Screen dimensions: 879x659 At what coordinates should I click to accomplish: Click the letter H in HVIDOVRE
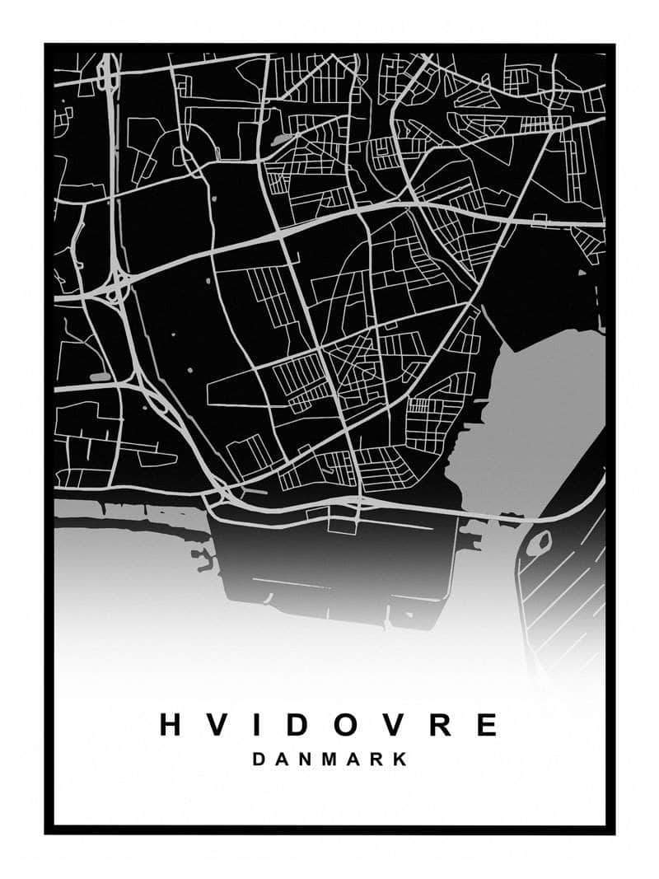pyautogui.click(x=171, y=724)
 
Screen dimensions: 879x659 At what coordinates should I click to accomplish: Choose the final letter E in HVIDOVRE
pyautogui.click(x=486, y=724)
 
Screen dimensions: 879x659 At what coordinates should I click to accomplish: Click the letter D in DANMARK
pyautogui.click(x=259, y=760)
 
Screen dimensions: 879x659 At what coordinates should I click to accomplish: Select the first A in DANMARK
pyautogui.click(x=283, y=760)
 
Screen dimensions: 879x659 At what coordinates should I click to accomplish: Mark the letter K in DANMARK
pyautogui.click(x=402, y=760)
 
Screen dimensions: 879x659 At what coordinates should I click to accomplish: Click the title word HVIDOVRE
pyautogui.click(x=329, y=724)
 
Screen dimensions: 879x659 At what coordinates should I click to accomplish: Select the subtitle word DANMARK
pyautogui.click(x=330, y=760)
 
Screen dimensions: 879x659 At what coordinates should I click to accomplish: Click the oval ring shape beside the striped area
pyautogui.click(x=539, y=543)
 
